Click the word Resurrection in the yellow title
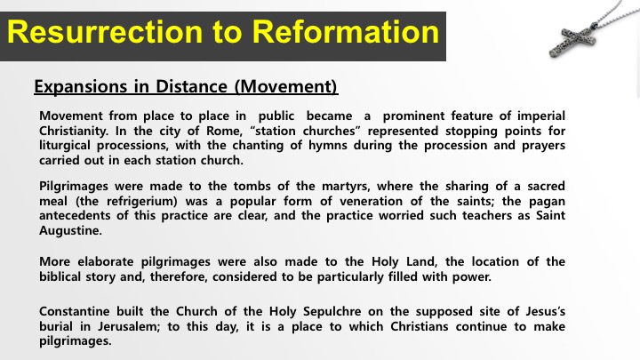click(105, 32)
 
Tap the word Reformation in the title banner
click(346, 32)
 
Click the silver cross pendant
click(573, 40)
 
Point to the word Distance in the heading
click(191, 86)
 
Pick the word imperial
click(541, 116)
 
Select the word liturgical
click(65, 146)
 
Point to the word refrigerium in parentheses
click(141, 202)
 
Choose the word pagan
click(547, 202)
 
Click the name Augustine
click(70, 231)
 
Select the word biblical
click(60, 277)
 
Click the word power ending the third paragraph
click(472, 277)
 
